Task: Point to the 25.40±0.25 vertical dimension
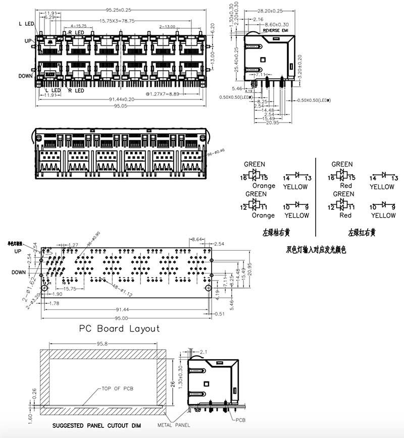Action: click(x=236, y=59)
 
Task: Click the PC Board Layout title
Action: click(x=119, y=328)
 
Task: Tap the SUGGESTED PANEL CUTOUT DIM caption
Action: click(x=96, y=425)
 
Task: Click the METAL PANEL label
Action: click(x=174, y=425)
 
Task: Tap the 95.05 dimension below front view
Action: click(x=119, y=106)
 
